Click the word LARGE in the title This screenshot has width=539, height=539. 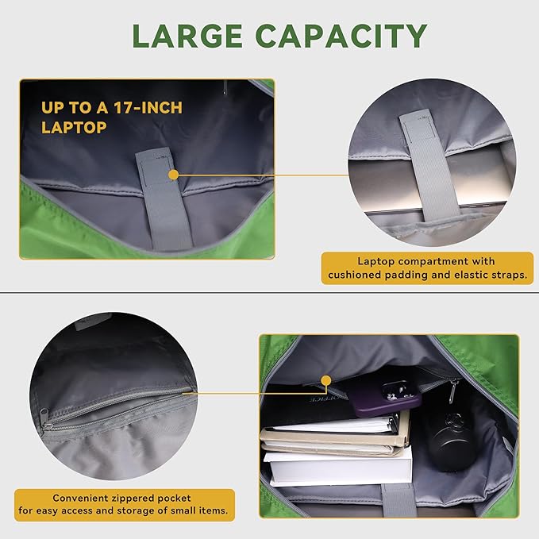tap(187, 36)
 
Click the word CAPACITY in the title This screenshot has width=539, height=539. tap(341, 36)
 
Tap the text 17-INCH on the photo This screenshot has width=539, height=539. tap(148, 108)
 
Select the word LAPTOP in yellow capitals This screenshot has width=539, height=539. tap(74, 128)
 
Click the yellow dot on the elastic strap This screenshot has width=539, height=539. tap(174, 175)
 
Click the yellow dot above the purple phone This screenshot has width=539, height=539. tap(326, 380)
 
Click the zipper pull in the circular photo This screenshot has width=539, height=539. tap(44, 418)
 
